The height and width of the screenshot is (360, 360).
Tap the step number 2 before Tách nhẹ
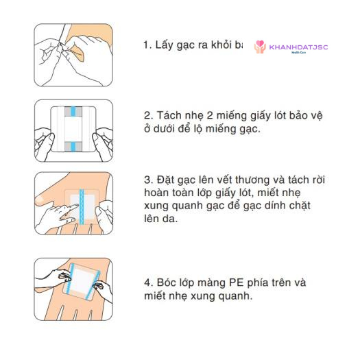click(147, 116)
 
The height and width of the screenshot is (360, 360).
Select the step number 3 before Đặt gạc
click(147, 180)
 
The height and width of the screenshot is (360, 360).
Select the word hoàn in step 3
click(158, 193)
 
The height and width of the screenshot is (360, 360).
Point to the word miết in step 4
click(157, 296)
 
